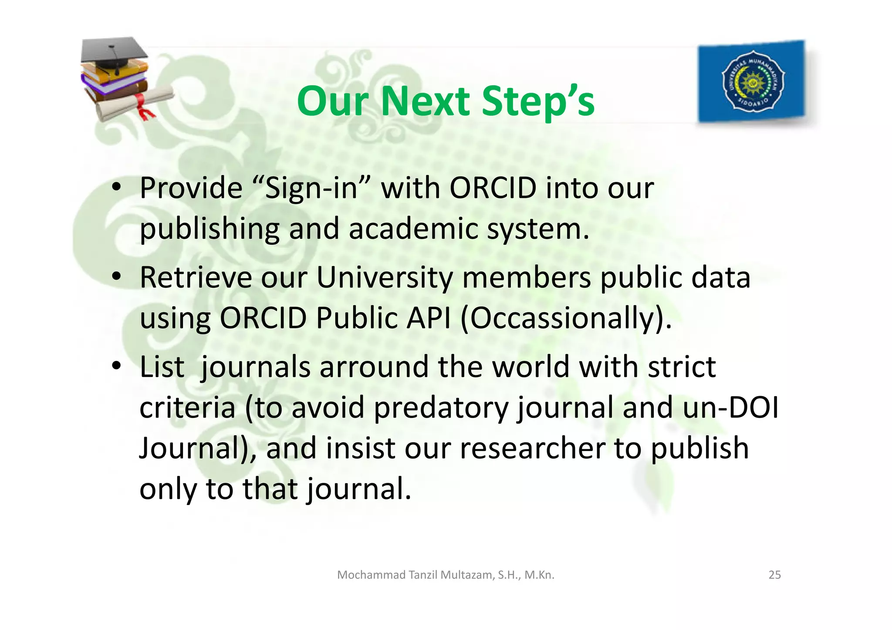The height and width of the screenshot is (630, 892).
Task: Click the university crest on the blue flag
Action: (x=753, y=81)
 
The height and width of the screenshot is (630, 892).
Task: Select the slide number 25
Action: (x=774, y=575)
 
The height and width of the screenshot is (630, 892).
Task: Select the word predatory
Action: (x=441, y=408)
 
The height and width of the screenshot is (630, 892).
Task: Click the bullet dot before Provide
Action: (x=116, y=188)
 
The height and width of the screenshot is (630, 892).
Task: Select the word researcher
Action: (x=532, y=449)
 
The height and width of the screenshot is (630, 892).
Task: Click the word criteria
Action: (x=187, y=408)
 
